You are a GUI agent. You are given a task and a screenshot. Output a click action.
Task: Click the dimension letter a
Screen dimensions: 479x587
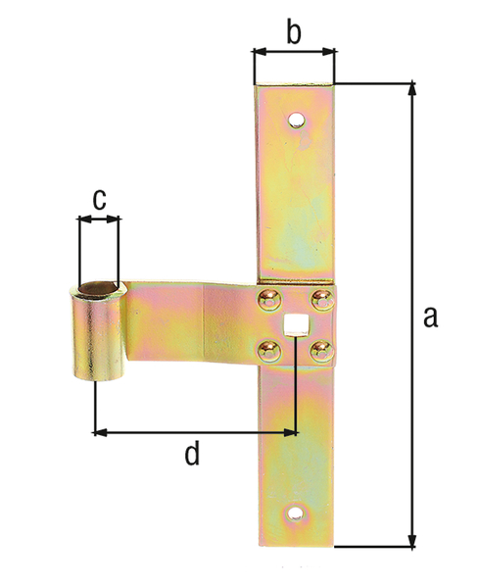click(x=430, y=318)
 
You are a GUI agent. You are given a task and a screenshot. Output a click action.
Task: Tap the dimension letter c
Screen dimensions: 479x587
click(x=99, y=200)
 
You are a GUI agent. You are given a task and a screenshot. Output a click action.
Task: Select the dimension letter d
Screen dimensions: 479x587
click(x=192, y=452)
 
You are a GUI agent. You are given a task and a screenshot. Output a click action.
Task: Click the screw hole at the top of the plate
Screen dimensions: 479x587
click(x=296, y=120)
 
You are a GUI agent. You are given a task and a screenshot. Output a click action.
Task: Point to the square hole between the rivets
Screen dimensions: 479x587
click(x=293, y=323)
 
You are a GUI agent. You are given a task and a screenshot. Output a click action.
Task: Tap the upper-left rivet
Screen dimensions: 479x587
click(x=269, y=299)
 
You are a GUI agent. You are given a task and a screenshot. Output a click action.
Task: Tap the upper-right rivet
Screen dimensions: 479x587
click(x=322, y=299)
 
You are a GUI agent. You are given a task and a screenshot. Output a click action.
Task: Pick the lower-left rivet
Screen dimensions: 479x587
click(x=269, y=350)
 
